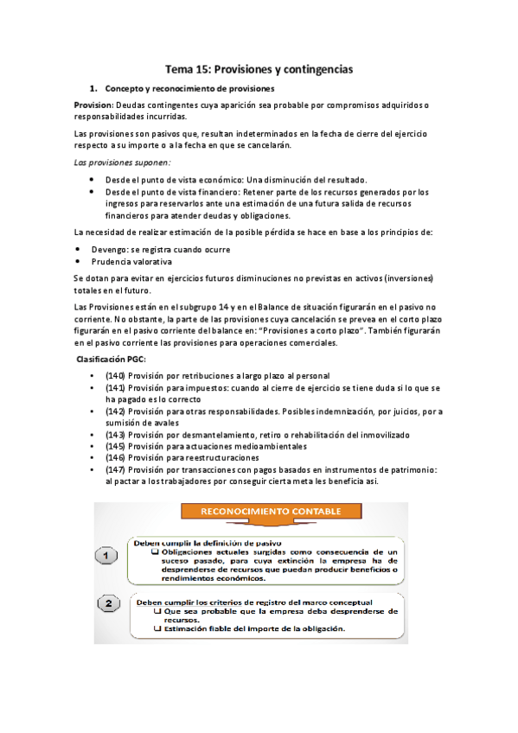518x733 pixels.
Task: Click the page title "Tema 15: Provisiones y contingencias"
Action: coord(260,67)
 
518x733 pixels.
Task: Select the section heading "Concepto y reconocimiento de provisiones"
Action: coord(189,89)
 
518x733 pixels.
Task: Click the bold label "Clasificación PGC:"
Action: coord(112,359)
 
